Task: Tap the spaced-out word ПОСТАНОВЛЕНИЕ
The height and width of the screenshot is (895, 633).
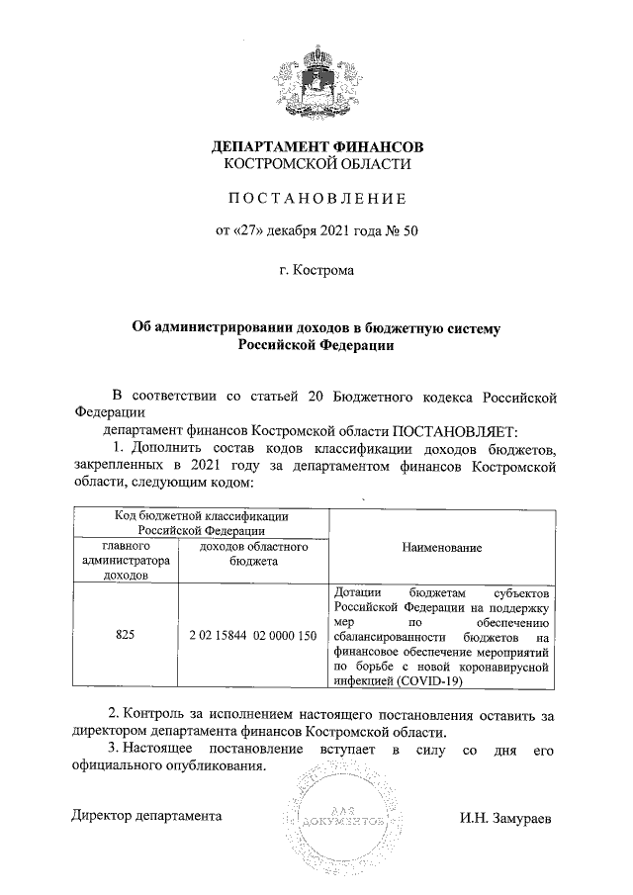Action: point(316,198)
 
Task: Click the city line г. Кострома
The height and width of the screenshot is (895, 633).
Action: point(316,267)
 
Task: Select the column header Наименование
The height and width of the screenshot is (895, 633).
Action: point(442,546)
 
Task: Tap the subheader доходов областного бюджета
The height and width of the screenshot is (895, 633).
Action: point(252,553)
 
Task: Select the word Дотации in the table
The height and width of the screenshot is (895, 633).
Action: point(358,591)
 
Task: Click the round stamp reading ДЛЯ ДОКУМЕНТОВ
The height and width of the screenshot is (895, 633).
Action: point(338,819)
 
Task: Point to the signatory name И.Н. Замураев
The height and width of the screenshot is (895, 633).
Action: point(505,819)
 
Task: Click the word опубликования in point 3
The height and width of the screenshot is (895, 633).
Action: point(215,770)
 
